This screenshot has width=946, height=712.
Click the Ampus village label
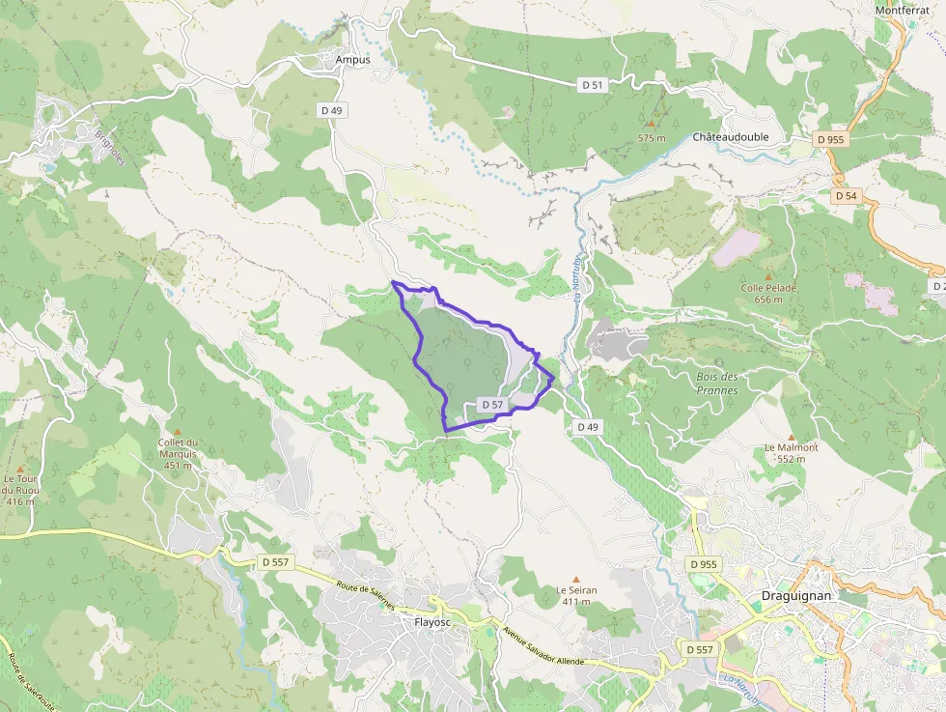[x=352, y=59]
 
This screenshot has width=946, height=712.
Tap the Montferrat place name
[x=902, y=10]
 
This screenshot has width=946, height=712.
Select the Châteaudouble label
[x=731, y=137]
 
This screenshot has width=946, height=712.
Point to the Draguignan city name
[x=796, y=596]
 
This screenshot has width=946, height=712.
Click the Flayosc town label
[x=432, y=622]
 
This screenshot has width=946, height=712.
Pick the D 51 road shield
[x=593, y=85]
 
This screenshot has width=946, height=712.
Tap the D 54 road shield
[x=846, y=196]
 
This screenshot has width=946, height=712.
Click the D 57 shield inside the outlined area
[x=491, y=405]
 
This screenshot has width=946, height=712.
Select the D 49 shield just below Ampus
[x=331, y=110]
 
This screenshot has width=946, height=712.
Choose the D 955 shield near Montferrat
[x=829, y=139]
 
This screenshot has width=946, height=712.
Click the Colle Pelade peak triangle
[x=768, y=276]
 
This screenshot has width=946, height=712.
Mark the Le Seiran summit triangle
[x=576, y=579]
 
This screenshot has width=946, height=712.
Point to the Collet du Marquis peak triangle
[x=177, y=432]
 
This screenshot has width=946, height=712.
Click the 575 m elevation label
[x=653, y=138]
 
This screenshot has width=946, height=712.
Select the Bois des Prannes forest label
[x=716, y=384]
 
